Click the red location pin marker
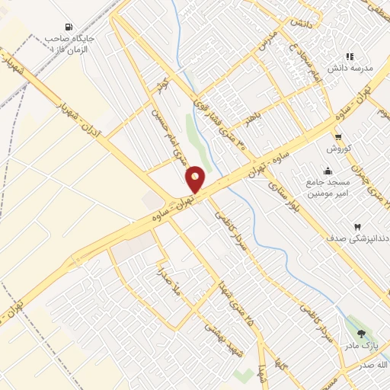(195, 179)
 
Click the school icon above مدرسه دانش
(350, 56)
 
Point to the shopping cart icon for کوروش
(338, 137)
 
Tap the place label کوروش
(338, 148)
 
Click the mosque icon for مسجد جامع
(328, 171)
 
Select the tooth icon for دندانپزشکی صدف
(356, 227)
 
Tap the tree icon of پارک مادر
(361, 334)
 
